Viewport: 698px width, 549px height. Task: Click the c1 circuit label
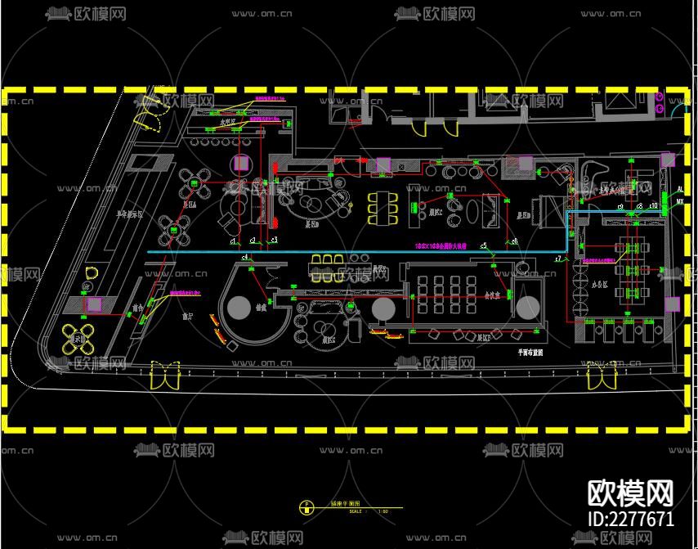point(233,241)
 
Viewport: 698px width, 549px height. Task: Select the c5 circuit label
point(483,245)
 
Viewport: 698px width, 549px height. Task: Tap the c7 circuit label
point(558,258)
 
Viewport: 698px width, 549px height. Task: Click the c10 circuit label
point(653,205)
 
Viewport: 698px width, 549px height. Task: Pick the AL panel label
point(680,189)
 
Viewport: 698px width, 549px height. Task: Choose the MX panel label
point(680,200)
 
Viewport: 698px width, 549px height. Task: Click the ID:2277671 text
point(631,519)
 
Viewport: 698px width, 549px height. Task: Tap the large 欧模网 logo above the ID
point(631,493)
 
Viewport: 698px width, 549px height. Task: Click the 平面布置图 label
point(530,350)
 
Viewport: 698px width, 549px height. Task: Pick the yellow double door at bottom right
point(601,376)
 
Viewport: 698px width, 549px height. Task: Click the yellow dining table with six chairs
point(383,208)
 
